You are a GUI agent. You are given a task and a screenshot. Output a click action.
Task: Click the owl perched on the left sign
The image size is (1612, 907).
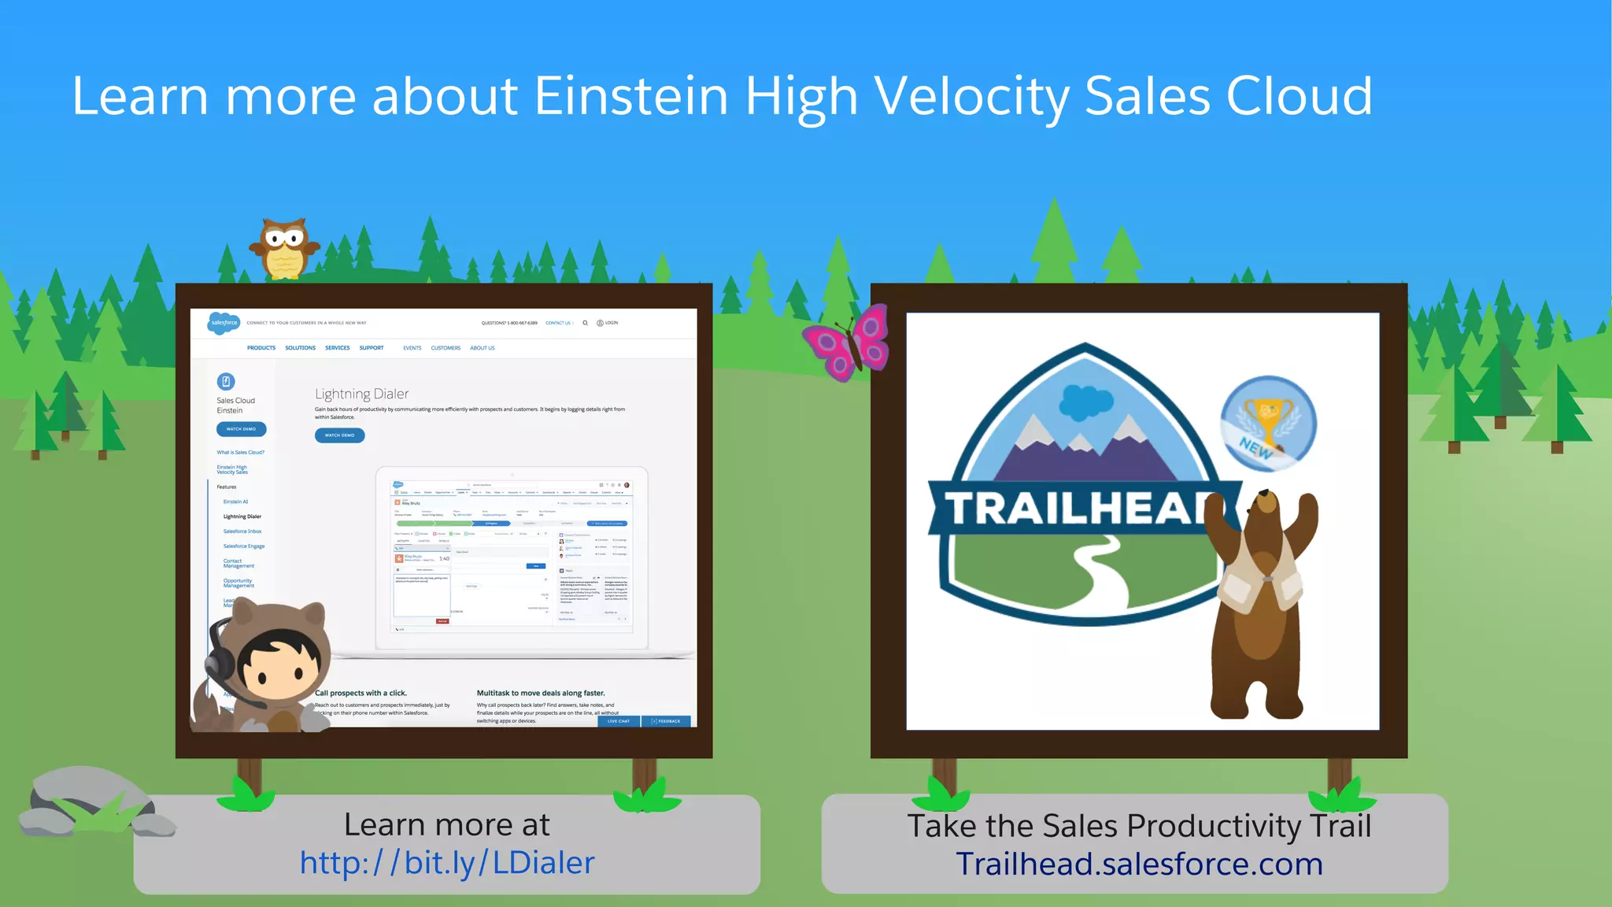(284, 249)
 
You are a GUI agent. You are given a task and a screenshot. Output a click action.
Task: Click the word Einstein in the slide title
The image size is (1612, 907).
(631, 97)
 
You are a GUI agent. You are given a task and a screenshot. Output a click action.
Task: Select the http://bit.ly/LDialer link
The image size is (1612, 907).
(446, 863)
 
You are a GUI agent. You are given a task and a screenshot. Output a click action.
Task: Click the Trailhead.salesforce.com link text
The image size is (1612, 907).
(1139, 864)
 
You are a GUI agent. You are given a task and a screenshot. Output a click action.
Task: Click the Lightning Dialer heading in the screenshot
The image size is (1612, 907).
(361, 394)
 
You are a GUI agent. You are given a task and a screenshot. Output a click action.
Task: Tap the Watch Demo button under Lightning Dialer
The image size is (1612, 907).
(339, 435)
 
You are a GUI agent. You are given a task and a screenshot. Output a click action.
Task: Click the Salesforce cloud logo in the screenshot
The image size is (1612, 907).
(224, 323)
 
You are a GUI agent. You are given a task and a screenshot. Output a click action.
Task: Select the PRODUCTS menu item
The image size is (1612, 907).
(261, 348)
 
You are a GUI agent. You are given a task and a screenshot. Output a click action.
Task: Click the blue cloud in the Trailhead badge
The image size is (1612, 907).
(1085, 402)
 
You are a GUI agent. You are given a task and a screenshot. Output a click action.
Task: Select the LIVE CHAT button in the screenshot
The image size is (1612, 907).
(619, 721)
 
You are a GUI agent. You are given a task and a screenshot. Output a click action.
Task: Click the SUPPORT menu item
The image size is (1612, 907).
(372, 348)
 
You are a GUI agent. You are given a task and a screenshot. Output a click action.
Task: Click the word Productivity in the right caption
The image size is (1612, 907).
(1213, 826)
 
